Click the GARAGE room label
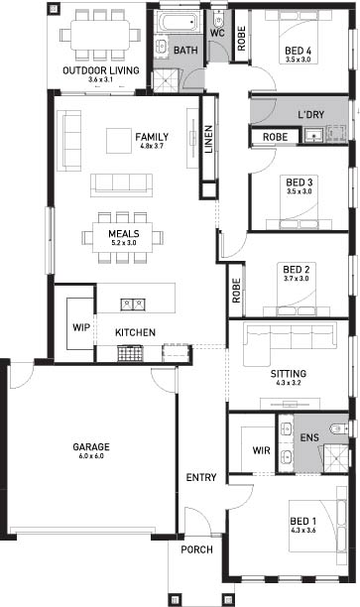tap(91, 446)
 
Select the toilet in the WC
tap(218, 20)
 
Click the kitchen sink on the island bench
tap(133, 304)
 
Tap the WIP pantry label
tap(81, 327)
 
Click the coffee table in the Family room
tap(119, 141)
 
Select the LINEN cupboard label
tap(208, 139)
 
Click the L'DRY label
tap(310, 115)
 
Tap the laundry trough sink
tap(312, 135)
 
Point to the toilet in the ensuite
tap(338, 428)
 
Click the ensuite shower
tap(336, 458)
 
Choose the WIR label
tap(261, 450)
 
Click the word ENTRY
tap(201, 477)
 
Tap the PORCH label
tap(196, 549)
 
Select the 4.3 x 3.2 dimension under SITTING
tap(289, 383)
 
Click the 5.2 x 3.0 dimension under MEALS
tap(124, 243)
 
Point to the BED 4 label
tap(299, 51)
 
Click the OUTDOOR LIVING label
tap(101, 70)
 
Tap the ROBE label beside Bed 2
tap(236, 291)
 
